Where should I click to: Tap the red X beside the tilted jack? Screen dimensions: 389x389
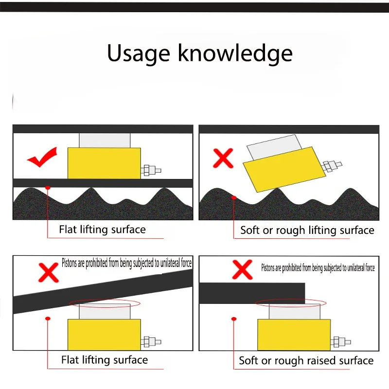223,159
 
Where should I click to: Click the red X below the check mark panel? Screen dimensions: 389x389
49,273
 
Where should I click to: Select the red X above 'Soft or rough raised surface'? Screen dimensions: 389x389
242,270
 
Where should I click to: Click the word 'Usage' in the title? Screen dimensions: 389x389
139,53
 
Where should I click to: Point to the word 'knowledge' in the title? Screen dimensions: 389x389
235,53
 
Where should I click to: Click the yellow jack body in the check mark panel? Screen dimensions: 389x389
104,163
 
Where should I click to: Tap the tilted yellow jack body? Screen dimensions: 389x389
284,169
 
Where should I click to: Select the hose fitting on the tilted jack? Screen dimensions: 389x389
332,166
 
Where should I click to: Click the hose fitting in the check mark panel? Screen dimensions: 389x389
151,171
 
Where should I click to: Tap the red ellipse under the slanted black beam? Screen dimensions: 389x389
105,303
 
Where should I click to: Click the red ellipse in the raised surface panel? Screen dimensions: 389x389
291,303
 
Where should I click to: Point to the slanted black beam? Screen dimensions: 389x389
103,291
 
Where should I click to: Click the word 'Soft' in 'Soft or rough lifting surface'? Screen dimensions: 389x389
250,230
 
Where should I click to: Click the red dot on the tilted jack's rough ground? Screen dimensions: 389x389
234,198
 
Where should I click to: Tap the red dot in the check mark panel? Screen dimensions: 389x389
48,188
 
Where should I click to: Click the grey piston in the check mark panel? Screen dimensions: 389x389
105,141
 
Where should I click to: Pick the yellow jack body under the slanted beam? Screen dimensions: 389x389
104,335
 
